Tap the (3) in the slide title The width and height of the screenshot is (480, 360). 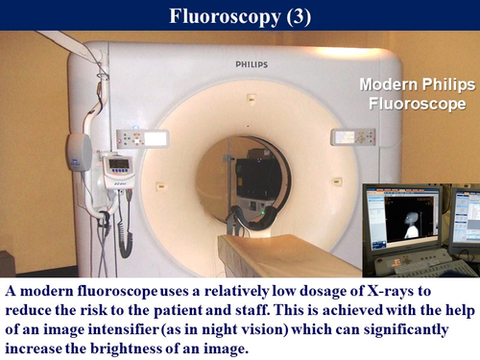point(294,16)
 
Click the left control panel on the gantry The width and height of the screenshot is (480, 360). point(140,138)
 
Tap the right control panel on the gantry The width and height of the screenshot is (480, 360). point(353,137)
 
